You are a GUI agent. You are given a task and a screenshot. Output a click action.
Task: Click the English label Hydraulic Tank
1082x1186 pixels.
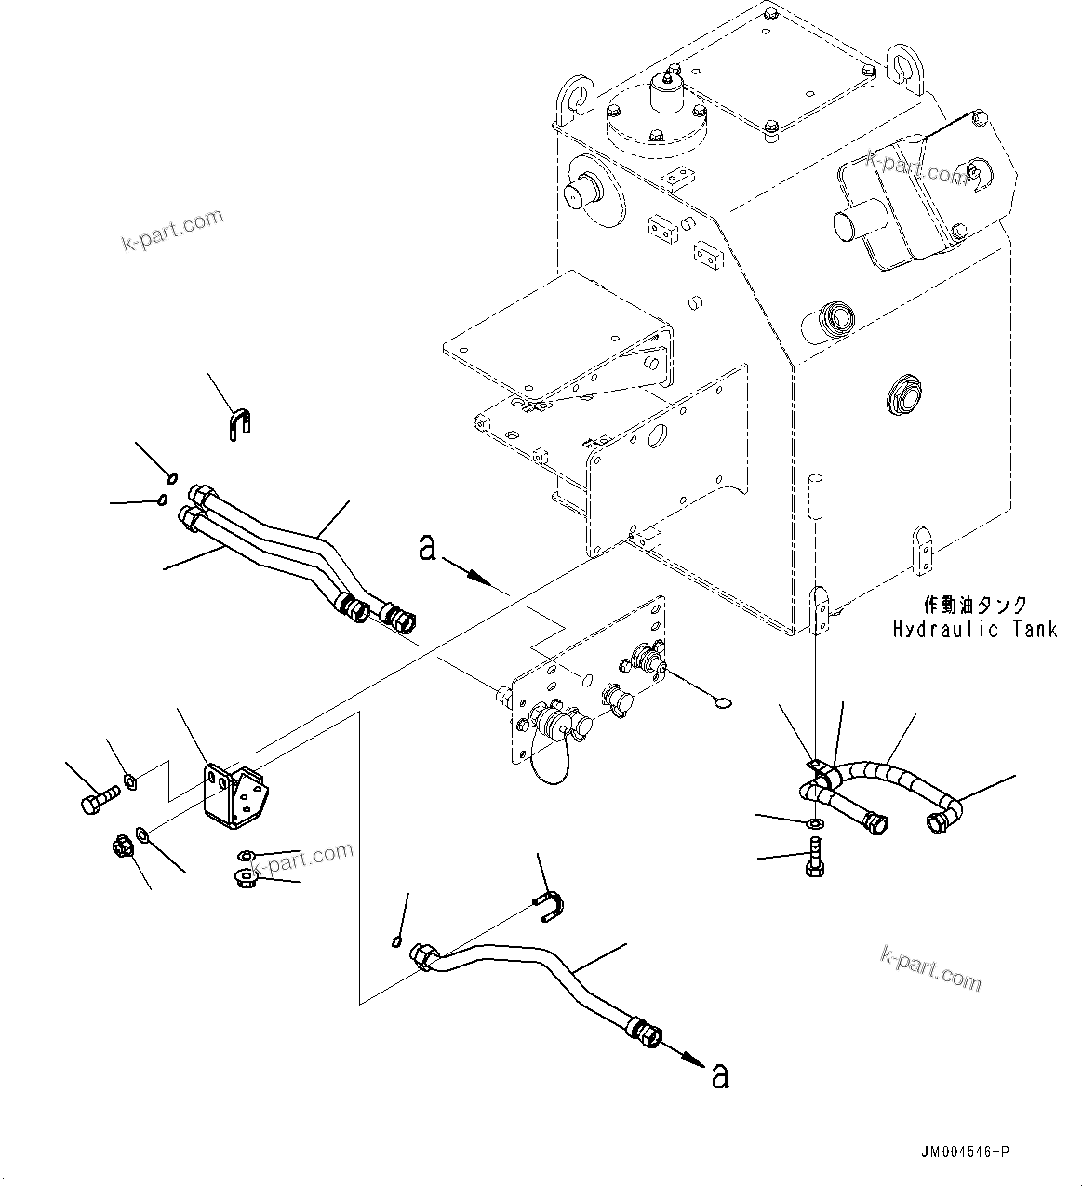click(x=974, y=630)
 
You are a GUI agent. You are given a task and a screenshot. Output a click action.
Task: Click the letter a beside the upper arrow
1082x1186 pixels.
click(x=427, y=549)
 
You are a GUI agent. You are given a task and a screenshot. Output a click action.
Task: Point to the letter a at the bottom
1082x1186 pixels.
click(x=719, y=1076)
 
